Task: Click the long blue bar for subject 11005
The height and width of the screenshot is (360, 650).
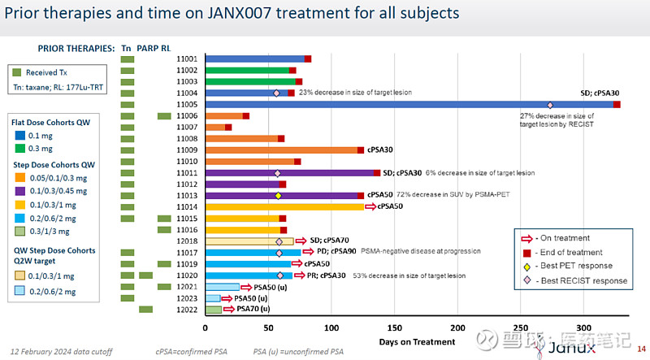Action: [x=406, y=105]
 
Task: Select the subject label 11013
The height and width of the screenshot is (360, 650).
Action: [x=187, y=196]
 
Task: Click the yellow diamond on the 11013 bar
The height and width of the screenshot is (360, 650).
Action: [x=278, y=196]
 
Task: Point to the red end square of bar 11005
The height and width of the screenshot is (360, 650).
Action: [x=617, y=105]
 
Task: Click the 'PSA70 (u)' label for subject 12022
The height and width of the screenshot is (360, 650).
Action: [x=253, y=310]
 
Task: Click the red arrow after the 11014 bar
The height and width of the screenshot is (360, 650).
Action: [x=372, y=207]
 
